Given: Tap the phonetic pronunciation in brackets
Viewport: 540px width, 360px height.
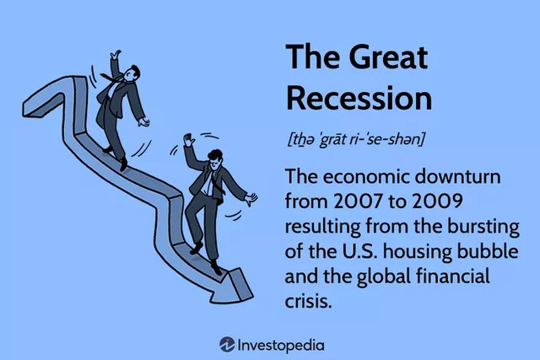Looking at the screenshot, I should pos(354,138).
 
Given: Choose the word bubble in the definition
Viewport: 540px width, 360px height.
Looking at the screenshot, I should pos(458,252).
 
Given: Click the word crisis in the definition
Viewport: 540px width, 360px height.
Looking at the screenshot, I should pos(308,300).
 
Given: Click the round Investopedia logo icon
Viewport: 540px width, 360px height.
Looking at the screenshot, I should pos(227,344).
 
